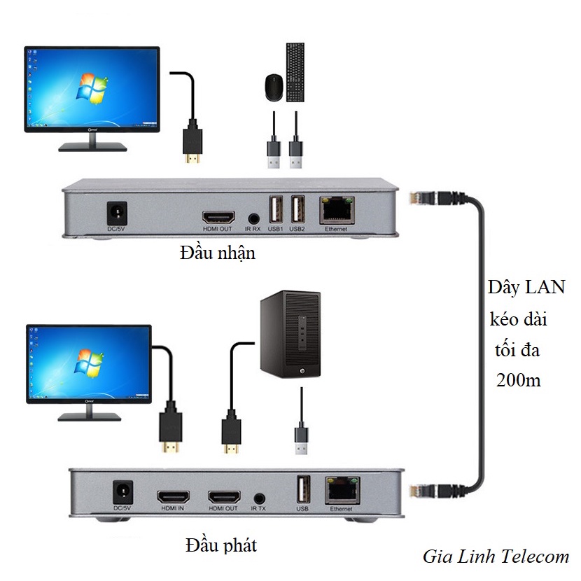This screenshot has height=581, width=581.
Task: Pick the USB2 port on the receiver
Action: [297, 209]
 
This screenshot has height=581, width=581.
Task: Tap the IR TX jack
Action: [260, 498]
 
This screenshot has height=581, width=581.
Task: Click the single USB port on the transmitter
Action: [303, 488]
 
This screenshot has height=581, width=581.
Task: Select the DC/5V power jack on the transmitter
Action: [122, 490]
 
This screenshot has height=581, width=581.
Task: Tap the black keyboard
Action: [295, 72]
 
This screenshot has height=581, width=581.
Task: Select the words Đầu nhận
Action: [217, 253]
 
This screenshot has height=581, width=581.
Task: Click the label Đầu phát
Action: [221, 545]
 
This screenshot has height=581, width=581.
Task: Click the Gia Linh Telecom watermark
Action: [496, 556]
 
